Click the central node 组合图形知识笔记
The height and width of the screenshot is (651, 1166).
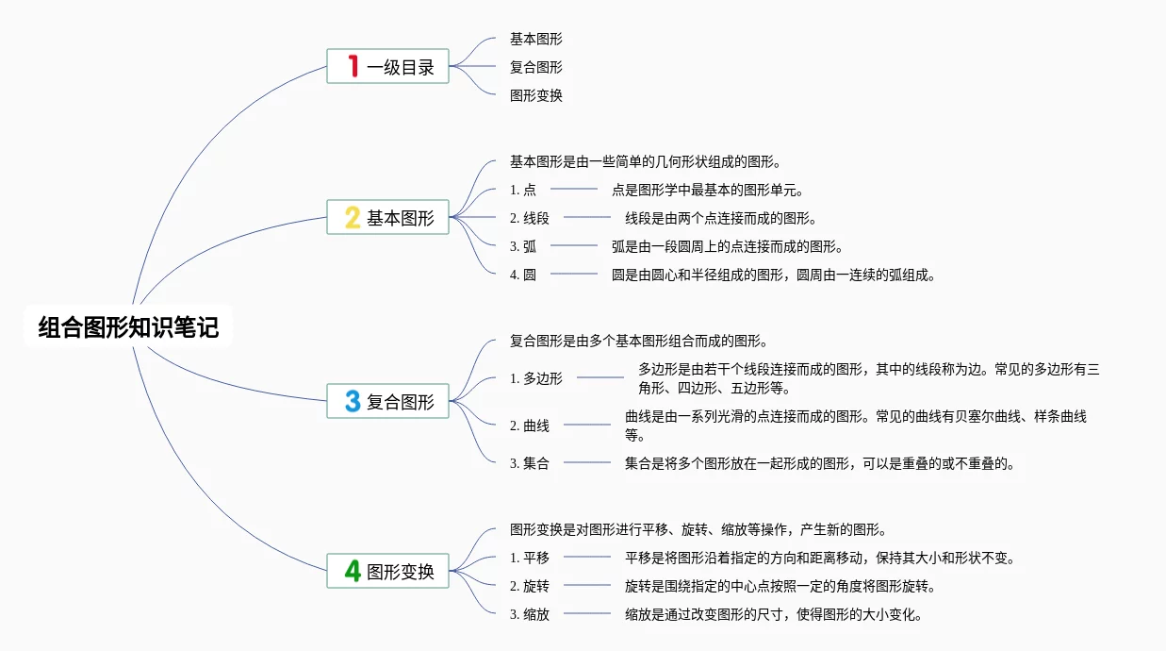(128, 327)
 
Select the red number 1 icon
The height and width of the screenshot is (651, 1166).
(353, 66)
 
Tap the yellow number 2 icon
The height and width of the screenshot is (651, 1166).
(353, 218)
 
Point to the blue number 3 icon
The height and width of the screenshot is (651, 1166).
(353, 401)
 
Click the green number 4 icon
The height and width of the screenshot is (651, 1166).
(353, 571)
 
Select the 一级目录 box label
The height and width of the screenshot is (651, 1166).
(401, 67)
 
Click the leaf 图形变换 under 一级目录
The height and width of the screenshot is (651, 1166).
(536, 95)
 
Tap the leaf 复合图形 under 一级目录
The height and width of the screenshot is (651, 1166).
(536, 67)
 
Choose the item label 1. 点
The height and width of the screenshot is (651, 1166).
(523, 190)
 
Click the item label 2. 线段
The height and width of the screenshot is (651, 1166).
(530, 218)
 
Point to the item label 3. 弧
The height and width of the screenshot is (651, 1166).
(523, 246)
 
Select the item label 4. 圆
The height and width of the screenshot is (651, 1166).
(523, 275)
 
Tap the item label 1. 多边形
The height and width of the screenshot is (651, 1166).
(536, 378)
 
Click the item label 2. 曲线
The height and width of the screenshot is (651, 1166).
(530, 426)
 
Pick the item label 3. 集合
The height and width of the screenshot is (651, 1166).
(530, 463)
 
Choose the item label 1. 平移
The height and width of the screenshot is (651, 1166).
(530, 558)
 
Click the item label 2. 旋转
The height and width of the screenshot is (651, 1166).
(530, 586)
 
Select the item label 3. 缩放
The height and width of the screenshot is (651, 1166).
(530, 614)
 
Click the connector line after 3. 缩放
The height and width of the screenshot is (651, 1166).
(587, 614)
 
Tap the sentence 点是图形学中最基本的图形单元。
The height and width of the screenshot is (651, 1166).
(707, 190)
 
